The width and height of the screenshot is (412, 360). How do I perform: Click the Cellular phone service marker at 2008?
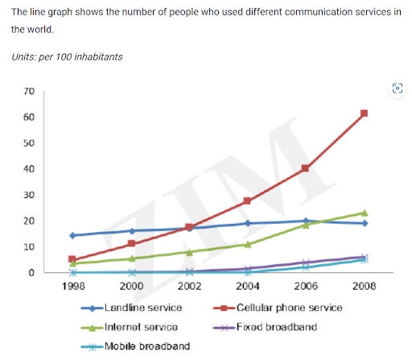click(364, 114)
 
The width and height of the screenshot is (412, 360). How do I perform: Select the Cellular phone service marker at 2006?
click(305, 168)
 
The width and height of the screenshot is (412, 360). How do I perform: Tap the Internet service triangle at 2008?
click(364, 213)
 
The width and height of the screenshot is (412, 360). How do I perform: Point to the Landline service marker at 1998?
click(72, 235)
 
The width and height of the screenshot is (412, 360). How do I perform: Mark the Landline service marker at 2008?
click(364, 223)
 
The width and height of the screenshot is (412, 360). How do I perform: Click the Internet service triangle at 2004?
click(247, 244)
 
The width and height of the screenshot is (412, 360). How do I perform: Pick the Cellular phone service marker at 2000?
click(130, 243)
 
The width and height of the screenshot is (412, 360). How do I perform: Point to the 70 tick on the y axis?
click(29, 91)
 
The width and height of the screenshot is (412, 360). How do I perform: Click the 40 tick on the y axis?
click(29, 169)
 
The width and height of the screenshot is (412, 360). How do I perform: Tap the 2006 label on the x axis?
click(305, 285)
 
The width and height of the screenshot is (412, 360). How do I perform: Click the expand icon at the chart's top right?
click(396, 88)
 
